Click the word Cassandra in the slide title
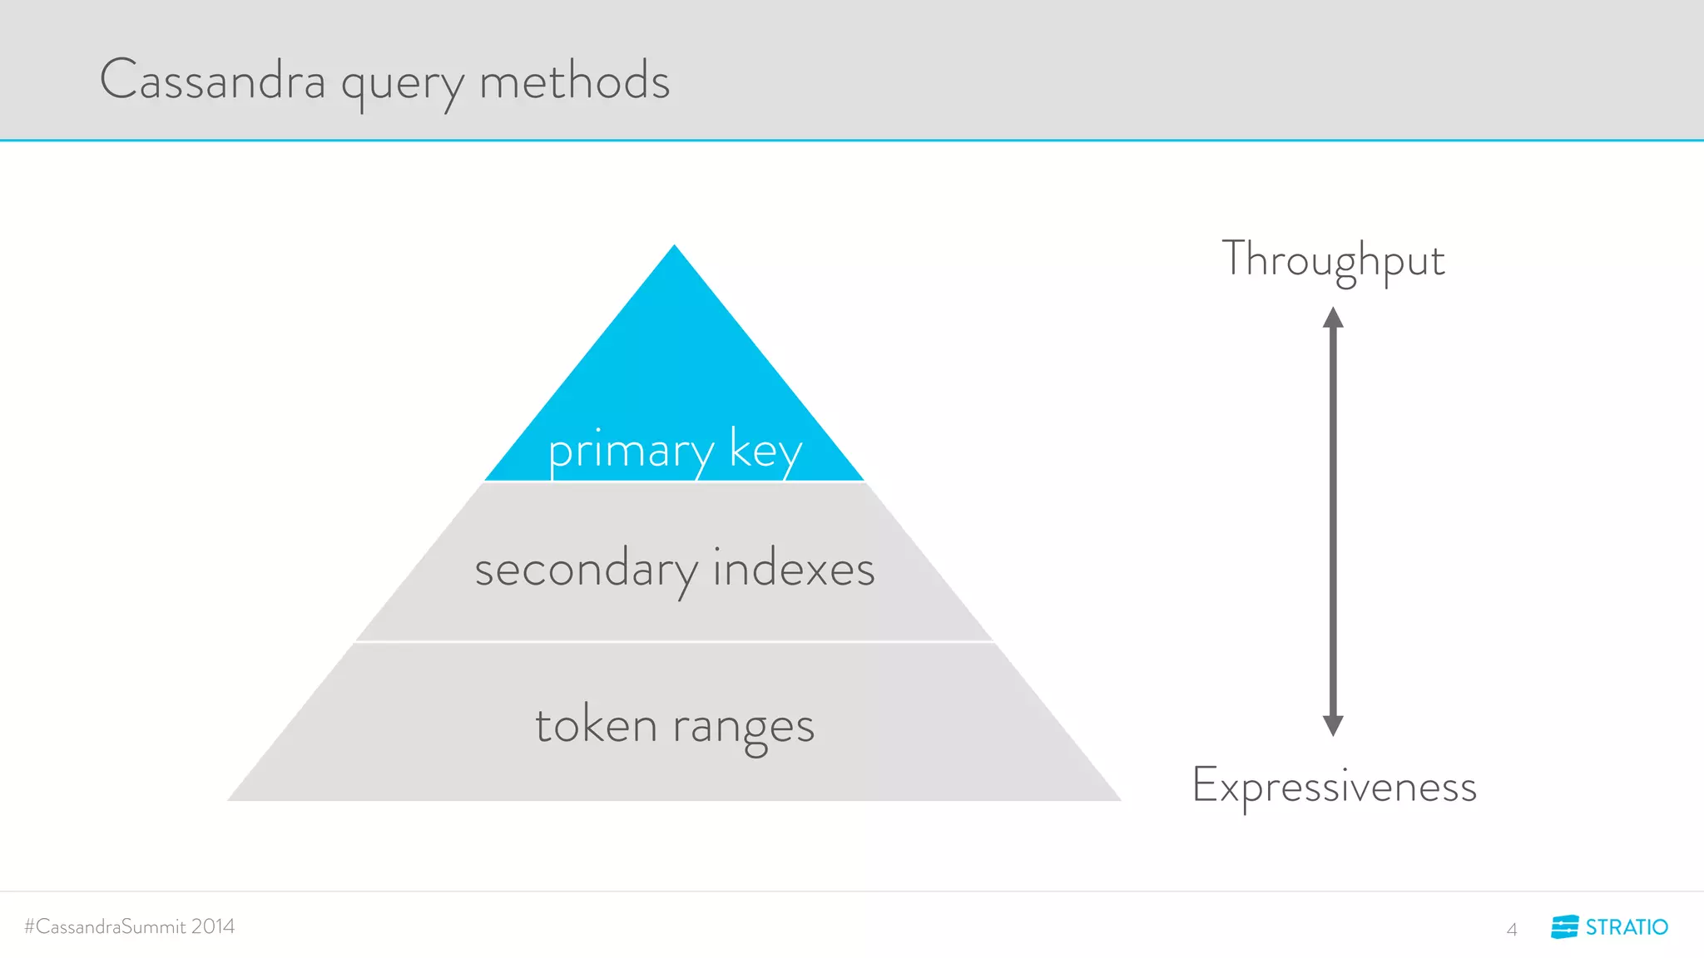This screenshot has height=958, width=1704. tap(212, 81)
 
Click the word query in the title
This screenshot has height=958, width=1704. tap(402, 85)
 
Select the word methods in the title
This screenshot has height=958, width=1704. tap(574, 81)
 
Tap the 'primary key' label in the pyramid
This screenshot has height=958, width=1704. tap(675, 451)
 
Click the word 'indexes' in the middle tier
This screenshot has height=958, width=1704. tap(794, 569)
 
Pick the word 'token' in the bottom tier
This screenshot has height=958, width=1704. tap(596, 725)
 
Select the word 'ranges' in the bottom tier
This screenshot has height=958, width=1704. tap(743, 727)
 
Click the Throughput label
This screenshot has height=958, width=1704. tap(1333, 259)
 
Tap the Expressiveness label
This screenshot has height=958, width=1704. tap(1334, 786)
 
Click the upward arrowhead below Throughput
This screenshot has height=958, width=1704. tap(1333, 318)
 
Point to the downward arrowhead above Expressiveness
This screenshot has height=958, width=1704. tap(1333, 725)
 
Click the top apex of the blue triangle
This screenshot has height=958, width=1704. tap(674, 248)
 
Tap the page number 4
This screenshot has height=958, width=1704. tap(1512, 929)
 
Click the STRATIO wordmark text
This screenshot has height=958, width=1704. tap(1627, 927)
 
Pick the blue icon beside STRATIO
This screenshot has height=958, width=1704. tap(1564, 926)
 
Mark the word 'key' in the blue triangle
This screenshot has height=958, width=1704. tap(765, 451)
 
